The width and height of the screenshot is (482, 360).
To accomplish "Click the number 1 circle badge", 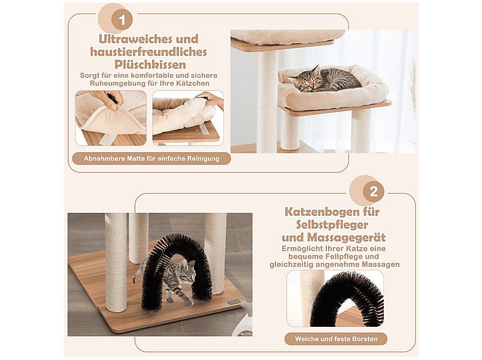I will click(x=121, y=20).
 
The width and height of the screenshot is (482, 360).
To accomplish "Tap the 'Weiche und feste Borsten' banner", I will click(x=335, y=339).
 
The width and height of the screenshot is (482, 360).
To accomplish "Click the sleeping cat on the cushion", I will click(x=324, y=79).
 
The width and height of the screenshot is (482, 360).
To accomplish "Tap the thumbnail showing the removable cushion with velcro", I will click(x=188, y=118).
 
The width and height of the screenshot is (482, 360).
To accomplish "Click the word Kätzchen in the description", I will click(x=190, y=83).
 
